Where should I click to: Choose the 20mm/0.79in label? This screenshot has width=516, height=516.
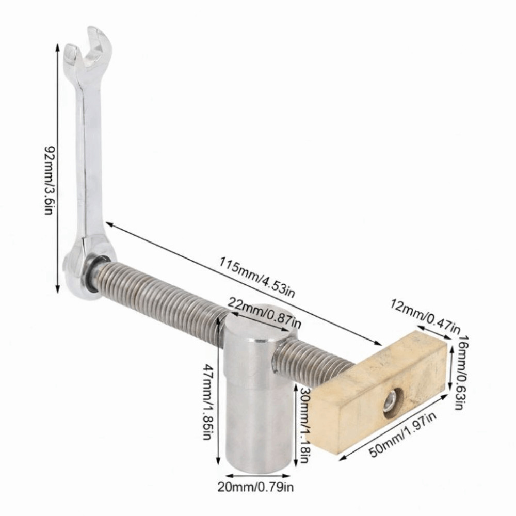click(x=255, y=488)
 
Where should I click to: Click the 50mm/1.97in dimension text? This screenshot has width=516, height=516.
click(x=403, y=434)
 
